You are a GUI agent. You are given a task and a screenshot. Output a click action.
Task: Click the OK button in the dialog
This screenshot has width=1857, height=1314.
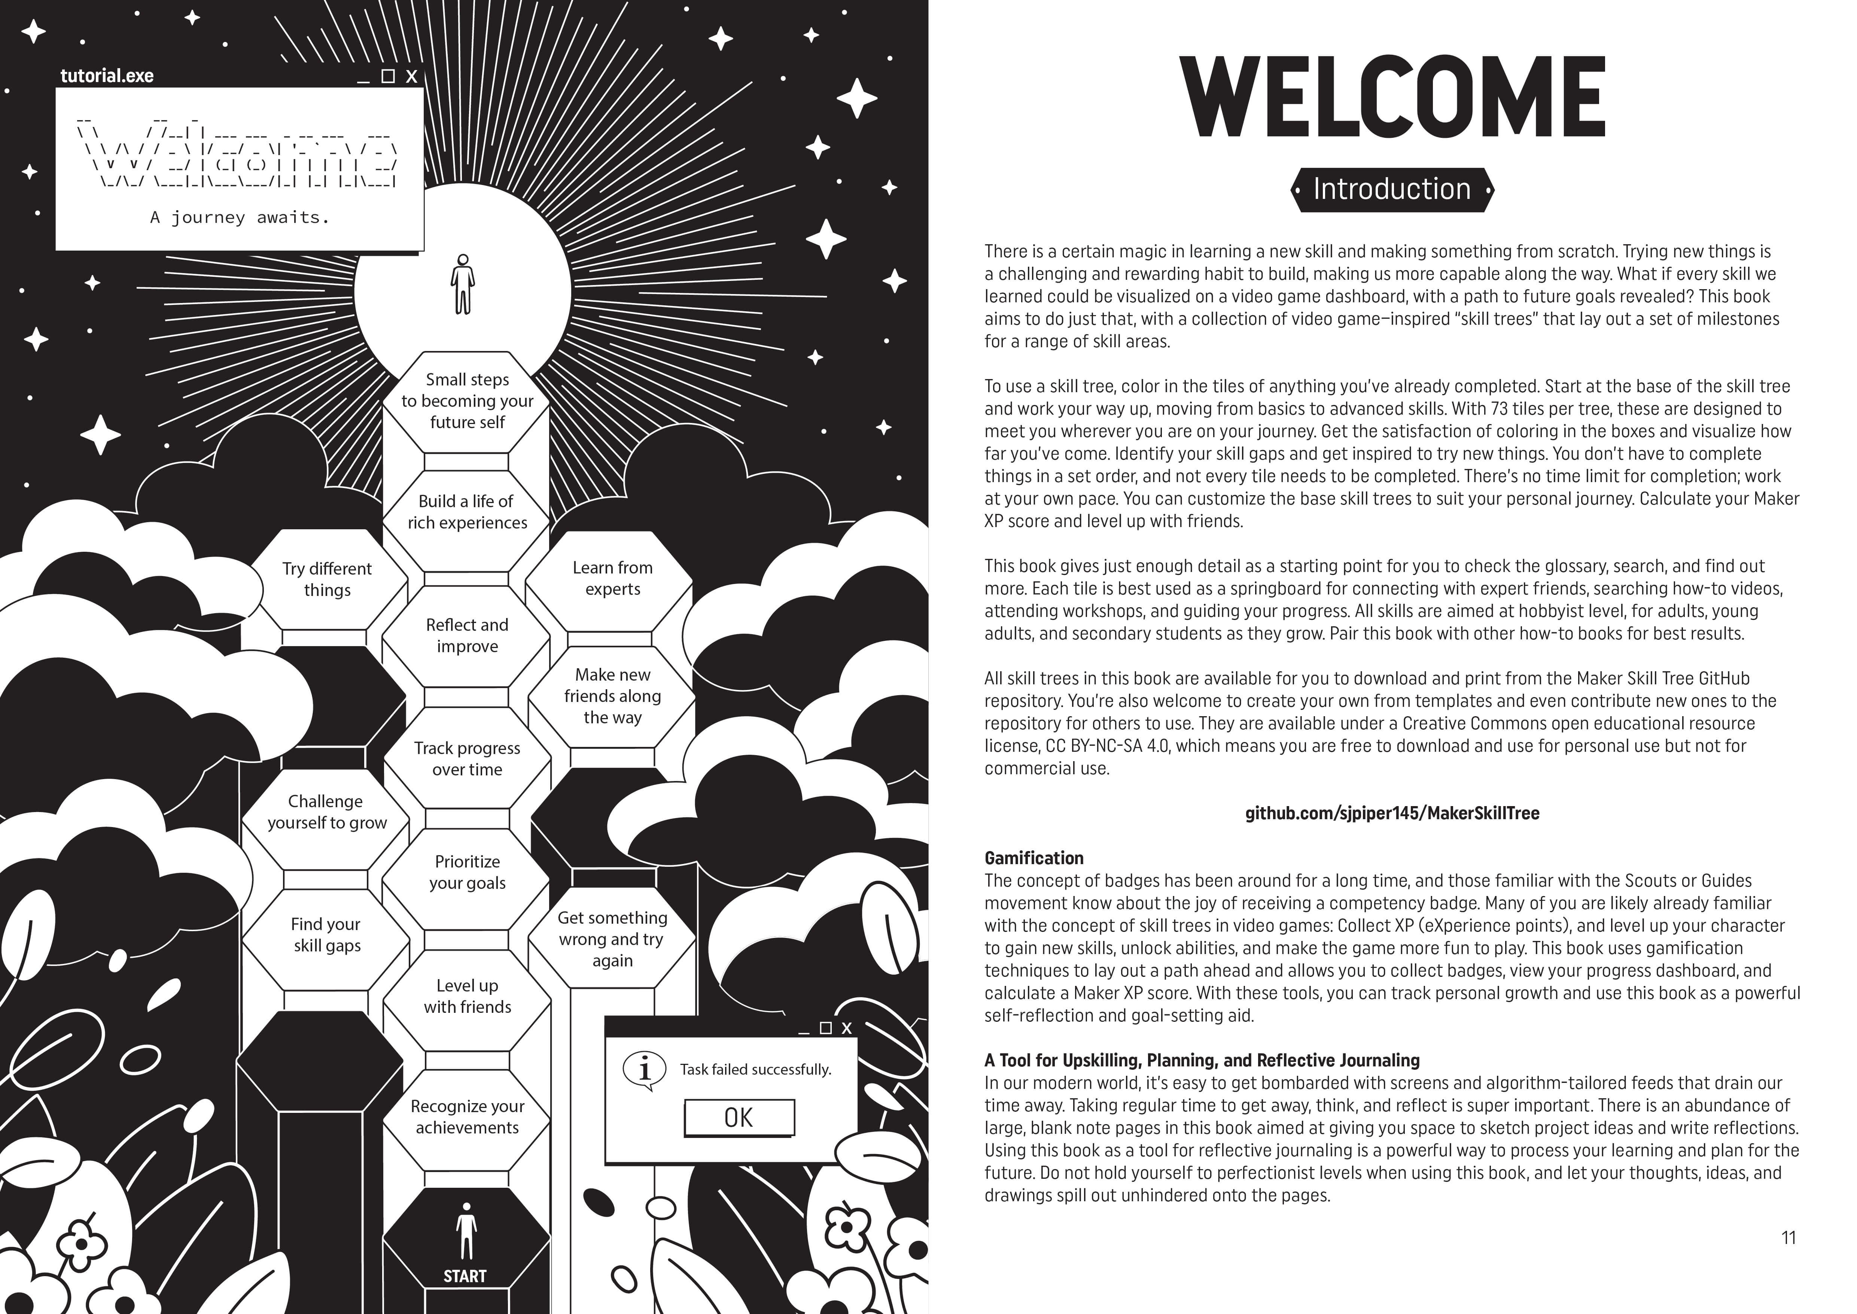[x=739, y=1117]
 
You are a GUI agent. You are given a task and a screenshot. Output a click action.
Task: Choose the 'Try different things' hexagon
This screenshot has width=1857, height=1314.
[x=327, y=579]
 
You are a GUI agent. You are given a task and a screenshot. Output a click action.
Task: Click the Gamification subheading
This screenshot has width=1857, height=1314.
[x=1033, y=858]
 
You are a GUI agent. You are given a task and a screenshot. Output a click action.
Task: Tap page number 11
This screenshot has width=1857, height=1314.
[x=1788, y=1237]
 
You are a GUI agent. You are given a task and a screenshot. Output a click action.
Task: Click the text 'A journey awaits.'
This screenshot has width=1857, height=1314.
[x=240, y=217]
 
